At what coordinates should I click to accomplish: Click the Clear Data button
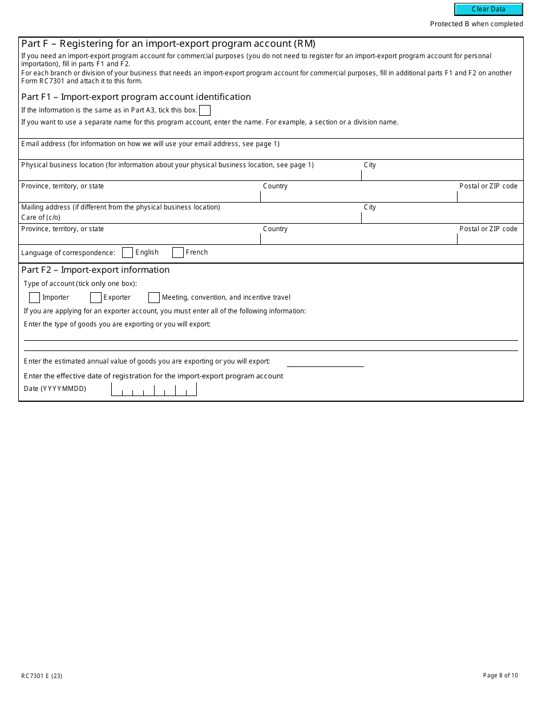[x=488, y=9]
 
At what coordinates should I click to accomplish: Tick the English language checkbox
[x=128, y=252]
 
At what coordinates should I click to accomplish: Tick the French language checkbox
[x=178, y=252]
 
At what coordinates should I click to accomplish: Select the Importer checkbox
[x=34, y=297]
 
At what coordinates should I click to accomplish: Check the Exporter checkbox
[x=96, y=297]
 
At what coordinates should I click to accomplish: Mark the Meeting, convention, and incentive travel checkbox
[x=154, y=297]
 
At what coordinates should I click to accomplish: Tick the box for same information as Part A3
[x=205, y=110]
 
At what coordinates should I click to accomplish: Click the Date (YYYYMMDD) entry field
[x=154, y=389]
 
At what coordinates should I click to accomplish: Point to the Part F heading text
[x=168, y=43]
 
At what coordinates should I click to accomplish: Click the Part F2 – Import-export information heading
[x=95, y=270]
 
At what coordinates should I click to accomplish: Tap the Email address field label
[x=150, y=144]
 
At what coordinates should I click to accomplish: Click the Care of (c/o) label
[x=41, y=217]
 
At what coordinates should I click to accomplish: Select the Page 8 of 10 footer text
[x=500, y=675]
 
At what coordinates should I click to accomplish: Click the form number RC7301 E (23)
[x=42, y=676]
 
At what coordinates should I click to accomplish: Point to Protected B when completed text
[x=476, y=24]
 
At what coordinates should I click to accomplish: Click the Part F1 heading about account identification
[x=136, y=97]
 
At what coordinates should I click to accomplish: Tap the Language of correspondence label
[x=68, y=253]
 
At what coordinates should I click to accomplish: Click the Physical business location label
[x=167, y=165]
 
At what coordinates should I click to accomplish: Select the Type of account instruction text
[x=80, y=284]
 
